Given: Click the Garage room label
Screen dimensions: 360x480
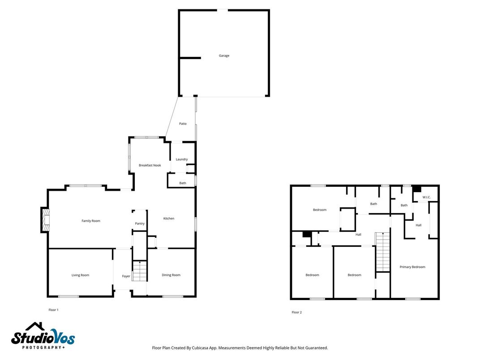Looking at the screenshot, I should point(224,56).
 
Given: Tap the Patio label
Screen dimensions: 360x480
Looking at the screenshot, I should point(183,124).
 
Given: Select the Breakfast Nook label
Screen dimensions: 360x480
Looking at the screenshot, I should point(150,165).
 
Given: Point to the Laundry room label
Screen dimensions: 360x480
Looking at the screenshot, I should point(181,159).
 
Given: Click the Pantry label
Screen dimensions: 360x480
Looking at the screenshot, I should point(140,223).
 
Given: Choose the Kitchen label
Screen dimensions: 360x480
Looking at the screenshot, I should point(168,219).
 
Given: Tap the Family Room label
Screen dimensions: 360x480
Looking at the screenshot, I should point(91,221).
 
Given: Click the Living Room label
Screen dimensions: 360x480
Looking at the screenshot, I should point(81,275).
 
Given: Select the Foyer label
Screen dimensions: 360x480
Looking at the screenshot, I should point(126,276).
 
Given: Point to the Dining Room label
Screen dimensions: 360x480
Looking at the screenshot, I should point(171,275).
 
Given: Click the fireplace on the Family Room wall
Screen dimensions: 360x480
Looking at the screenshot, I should point(45,220).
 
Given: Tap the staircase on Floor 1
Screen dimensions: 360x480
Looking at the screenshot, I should point(140,271).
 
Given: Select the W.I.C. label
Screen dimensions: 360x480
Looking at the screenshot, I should point(426,197).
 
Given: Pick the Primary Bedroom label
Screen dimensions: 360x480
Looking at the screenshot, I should point(412,267).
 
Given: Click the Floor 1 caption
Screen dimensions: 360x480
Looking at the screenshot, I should point(53,310).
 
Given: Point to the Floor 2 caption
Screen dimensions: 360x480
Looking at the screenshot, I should point(296,312).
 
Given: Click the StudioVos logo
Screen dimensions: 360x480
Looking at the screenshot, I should point(43,336).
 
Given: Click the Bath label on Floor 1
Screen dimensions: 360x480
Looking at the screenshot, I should point(183,183).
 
